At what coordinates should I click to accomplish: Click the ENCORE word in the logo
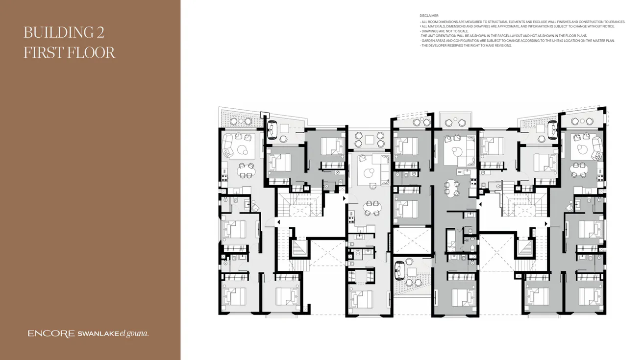click(51, 334)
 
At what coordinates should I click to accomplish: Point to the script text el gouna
click(134, 334)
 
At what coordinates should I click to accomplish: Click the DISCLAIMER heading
click(429, 16)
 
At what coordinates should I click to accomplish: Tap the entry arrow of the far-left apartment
click(278, 222)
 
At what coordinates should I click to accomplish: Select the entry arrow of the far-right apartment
click(546, 223)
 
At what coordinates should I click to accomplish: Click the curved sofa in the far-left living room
click(228, 146)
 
